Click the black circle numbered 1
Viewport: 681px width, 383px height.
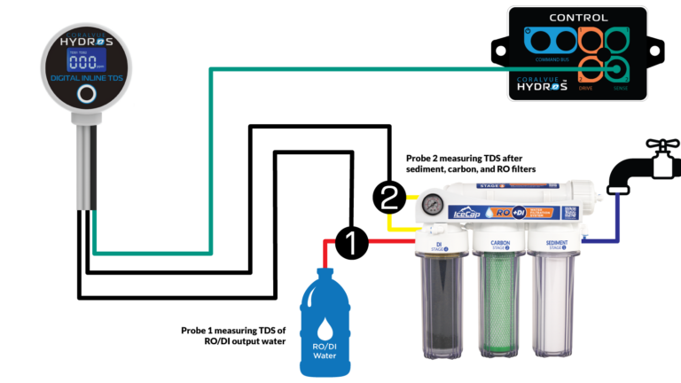point(351,241)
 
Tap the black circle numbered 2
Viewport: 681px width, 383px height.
point(388,197)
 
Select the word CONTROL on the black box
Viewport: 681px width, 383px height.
point(578,18)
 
